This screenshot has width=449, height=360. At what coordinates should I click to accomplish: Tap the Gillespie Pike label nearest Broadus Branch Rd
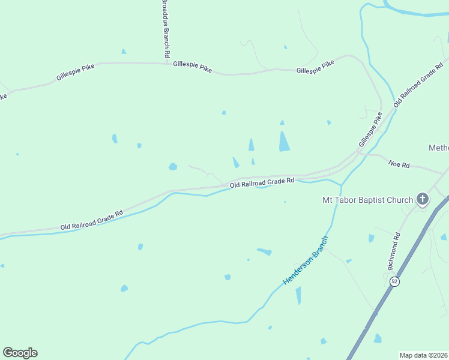(x=192, y=67)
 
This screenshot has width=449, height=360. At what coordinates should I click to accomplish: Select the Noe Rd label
(x=399, y=164)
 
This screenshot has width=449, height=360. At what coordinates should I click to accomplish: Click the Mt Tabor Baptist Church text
(x=367, y=200)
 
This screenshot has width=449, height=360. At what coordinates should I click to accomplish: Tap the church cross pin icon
(x=423, y=199)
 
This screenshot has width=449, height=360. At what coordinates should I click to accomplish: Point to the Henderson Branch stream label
(x=306, y=260)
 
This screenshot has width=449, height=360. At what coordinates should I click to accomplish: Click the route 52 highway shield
(x=394, y=281)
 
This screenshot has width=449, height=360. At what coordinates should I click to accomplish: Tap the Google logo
(x=20, y=353)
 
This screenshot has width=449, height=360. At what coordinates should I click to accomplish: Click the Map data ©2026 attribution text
(x=424, y=355)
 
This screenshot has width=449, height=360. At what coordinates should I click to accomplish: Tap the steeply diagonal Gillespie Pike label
(x=370, y=131)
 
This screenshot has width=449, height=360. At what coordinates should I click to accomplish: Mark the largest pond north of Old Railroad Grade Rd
(x=284, y=141)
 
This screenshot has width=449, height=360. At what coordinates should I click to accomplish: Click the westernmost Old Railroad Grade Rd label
(x=91, y=220)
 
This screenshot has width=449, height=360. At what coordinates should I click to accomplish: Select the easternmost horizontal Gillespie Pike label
(x=315, y=67)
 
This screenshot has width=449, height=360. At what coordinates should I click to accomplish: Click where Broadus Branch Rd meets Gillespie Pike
(x=166, y=62)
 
